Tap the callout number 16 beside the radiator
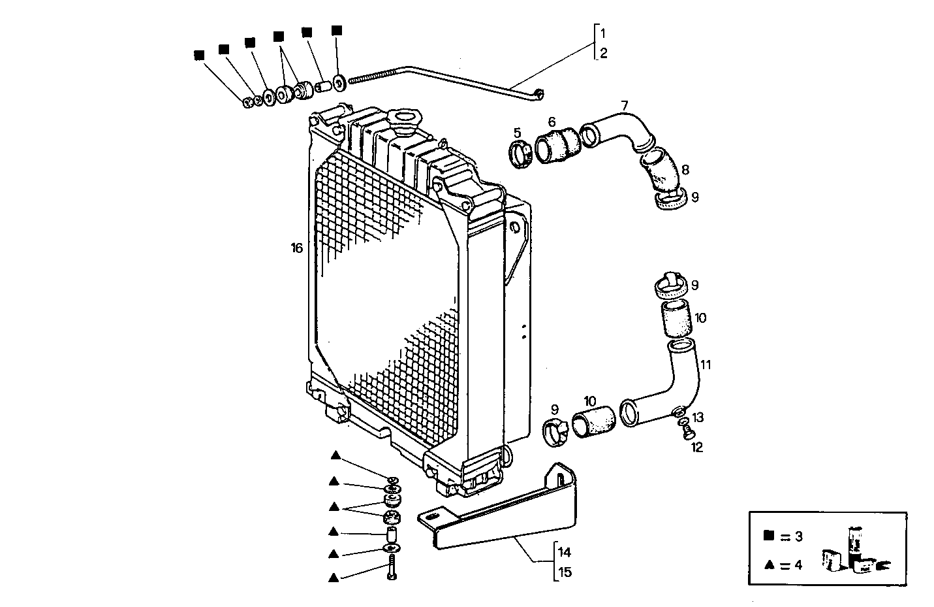click(297, 248)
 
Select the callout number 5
click(517, 133)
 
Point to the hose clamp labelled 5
click(520, 155)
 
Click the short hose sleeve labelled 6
click(557, 145)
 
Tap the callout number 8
click(685, 170)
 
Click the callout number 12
click(696, 448)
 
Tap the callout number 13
click(698, 418)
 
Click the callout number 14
click(565, 551)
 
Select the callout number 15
click(565, 572)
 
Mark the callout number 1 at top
click(604, 33)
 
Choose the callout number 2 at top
click(604, 54)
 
